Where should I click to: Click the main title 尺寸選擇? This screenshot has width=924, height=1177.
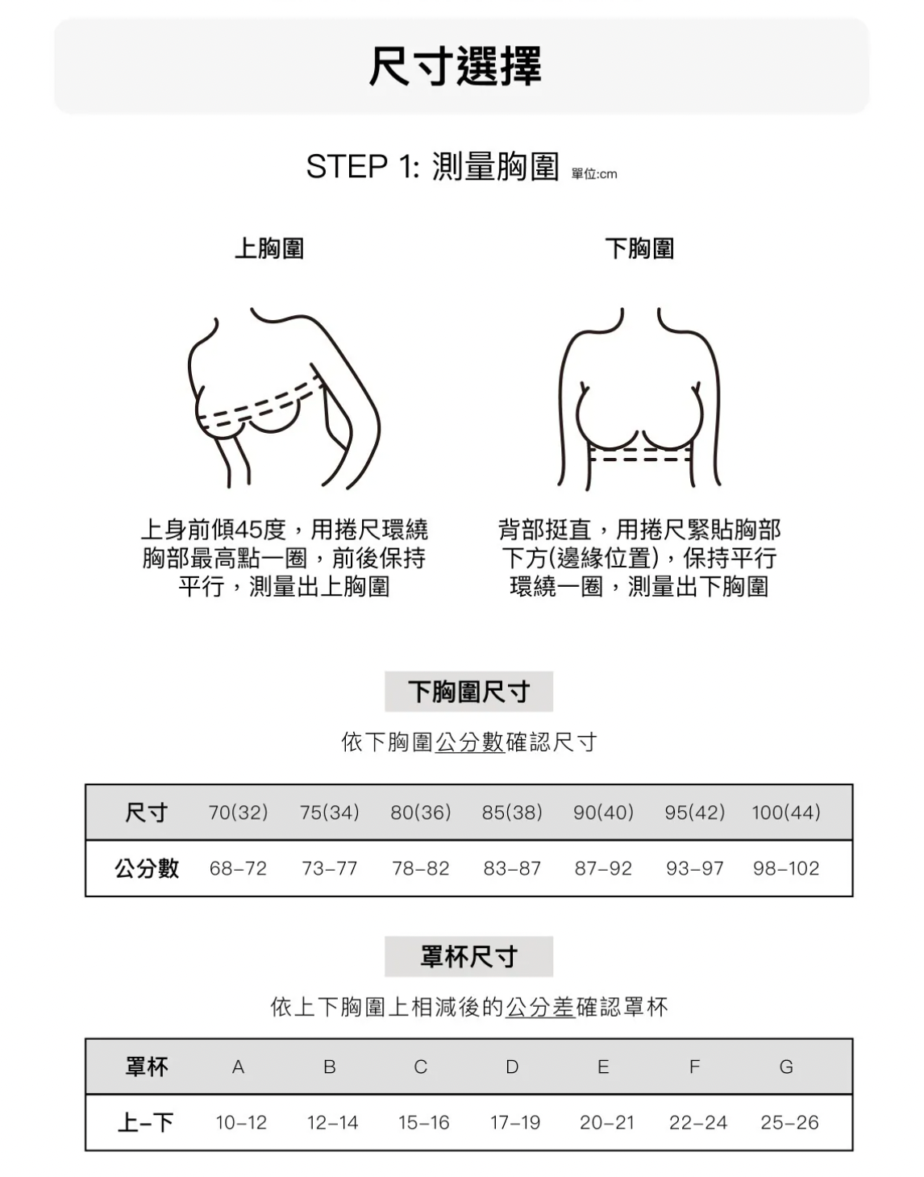pyautogui.click(x=455, y=66)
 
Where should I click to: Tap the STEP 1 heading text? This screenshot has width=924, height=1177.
pyautogui.click(x=432, y=166)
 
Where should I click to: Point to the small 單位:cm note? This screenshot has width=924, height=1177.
pyautogui.click(x=594, y=174)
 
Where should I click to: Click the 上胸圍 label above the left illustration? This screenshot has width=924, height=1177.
pyautogui.click(x=269, y=248)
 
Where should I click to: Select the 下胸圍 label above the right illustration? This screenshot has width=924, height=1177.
pyautogui.click(x=639, y=248)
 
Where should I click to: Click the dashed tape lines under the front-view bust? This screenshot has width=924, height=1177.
pyautogui.click(x=639, y=454)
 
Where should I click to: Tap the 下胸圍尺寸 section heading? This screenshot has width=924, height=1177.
pyautogui.click(x=469, y=692)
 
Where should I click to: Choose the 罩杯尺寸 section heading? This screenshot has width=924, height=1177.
pyautogui.click(x=469, y=957)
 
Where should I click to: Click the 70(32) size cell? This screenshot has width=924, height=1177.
pyautogui.click(x=239, y=812)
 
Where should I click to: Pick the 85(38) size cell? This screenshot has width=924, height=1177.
pyautogui.click(x=512, y=812)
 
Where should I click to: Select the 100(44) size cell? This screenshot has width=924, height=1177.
pyautogui.click(x=786, y=812)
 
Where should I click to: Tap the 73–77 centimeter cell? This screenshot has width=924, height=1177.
pyautogui.click(x=329, y=868)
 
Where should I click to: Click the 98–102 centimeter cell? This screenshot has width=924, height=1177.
pyautogui.click(x=786, y=868)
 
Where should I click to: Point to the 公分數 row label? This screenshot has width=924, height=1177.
pyautogui.click(x=147, y=868)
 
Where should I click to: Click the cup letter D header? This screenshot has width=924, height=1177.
pyautogui.click(x=512, y=1067)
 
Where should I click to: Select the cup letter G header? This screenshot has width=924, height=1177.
pyautogui.click(x=786, y=1067)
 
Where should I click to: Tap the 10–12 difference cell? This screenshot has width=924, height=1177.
pyautogui.click(x=241, y=1122)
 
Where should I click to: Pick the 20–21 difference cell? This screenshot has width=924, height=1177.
pyautogui.click(x=606, y=1122)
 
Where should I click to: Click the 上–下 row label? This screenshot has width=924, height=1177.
pyautogui.click(x=146, y=1122)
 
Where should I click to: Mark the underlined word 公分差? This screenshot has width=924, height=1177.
pyautogui.click(x=540, y=1007)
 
